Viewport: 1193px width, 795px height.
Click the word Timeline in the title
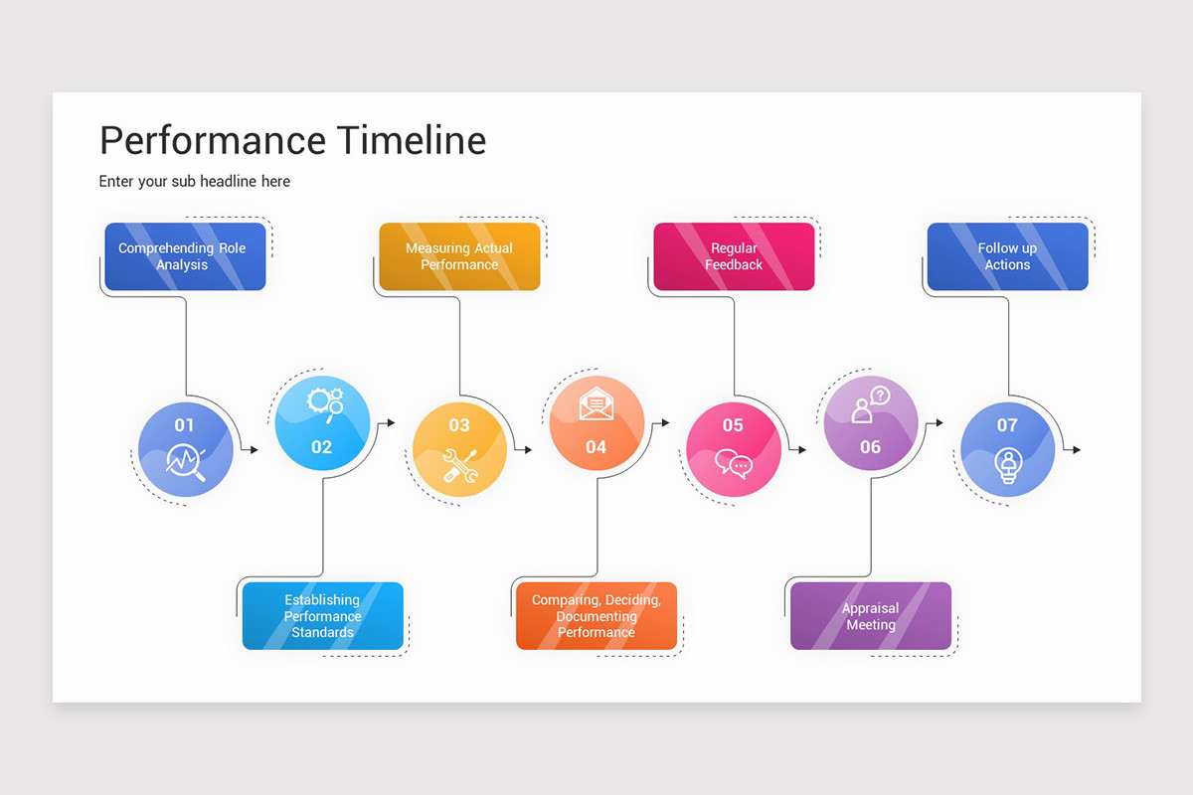411,140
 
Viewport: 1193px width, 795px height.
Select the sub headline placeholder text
195,181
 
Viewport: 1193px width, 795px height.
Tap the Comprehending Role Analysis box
185,256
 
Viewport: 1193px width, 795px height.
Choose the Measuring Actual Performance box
459,256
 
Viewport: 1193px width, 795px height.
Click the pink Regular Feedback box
734,256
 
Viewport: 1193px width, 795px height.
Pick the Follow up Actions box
1007,256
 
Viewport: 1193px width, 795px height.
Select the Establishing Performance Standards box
322,616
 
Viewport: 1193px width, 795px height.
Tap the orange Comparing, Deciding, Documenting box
596,616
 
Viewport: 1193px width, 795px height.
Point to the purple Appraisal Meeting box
871,616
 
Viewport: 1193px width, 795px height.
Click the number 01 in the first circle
185,425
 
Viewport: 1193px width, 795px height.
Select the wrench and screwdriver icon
460,467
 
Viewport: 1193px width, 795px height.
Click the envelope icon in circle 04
596,403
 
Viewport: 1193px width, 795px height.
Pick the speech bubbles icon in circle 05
734,464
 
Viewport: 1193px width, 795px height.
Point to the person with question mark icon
870,403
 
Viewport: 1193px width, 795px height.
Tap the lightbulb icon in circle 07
1008,465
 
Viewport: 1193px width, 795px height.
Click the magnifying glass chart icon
186,462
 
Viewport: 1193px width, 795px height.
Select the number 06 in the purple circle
870,447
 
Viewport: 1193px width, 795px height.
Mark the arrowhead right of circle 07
1076,450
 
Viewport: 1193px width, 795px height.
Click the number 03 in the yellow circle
459,425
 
